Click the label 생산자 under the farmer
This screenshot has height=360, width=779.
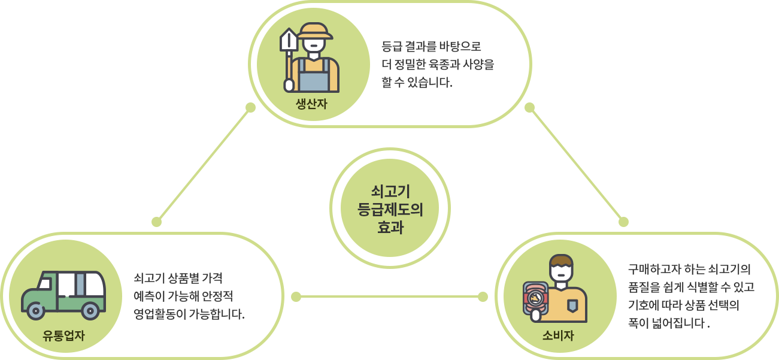tap(311, 104)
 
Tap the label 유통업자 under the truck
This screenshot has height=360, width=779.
tap(64, 335)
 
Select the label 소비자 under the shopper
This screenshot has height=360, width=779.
tap(558, 335)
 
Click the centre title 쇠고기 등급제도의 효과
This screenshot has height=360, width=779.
tap(390, 209)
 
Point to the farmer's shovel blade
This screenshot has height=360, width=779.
tap(289, 41)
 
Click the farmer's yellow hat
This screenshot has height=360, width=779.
tap(314, 31)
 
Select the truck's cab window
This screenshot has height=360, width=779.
tap(45, 284)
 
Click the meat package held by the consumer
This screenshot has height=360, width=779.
tap(536, 300)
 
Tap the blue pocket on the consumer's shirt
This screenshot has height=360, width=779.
tap(572, 305)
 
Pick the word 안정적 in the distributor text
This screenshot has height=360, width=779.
tap(223, 296)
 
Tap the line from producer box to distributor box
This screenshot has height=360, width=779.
tap(204, 165)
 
